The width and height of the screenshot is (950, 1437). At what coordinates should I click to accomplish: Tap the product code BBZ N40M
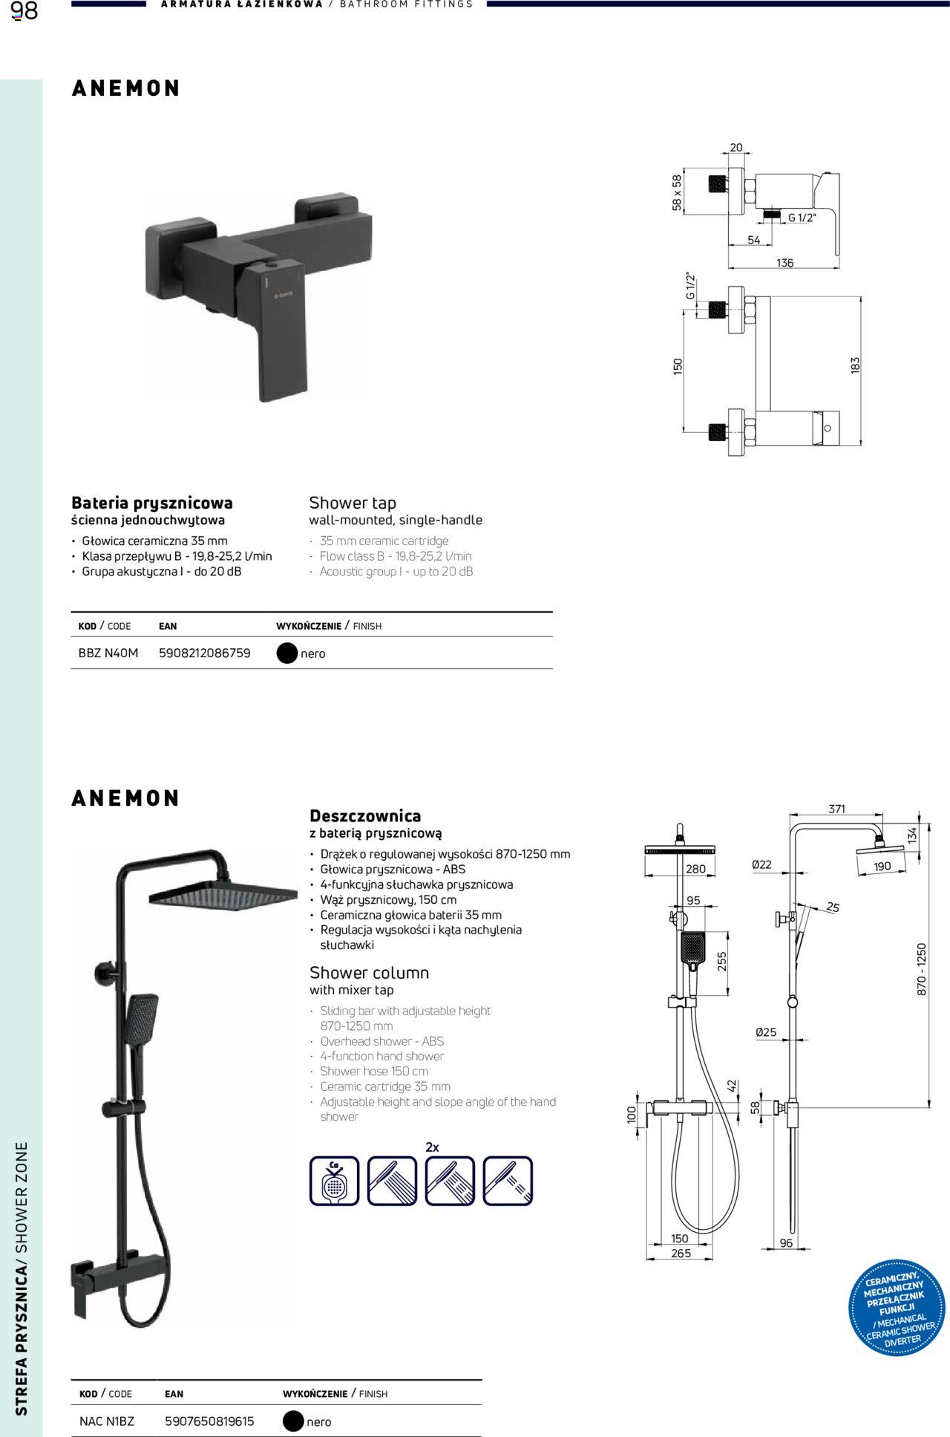click(x=108, y=654)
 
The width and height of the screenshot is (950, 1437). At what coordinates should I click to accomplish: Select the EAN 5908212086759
click(x=205, y=654)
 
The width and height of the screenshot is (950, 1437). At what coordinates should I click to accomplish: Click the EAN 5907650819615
click(x=209, y=1421)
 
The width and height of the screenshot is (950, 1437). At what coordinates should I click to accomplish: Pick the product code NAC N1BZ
click(x=107, y=1421)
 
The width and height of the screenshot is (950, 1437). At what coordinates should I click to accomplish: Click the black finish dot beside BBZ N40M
click(x=286, y=654)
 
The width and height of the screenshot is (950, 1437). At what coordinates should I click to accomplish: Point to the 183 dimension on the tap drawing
click(x=855, y=365)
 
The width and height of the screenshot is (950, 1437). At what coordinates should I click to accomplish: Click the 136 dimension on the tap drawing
click(x=784, y=263)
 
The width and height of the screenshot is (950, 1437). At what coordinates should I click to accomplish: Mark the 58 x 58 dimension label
click(x=677, y=193)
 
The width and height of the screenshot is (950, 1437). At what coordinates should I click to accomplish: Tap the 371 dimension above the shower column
click(x=836, y=809)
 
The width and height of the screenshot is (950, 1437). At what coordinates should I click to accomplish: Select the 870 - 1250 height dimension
click(x=922, y=969)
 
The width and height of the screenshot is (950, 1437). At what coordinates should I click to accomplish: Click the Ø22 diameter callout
click(x=761, y=864)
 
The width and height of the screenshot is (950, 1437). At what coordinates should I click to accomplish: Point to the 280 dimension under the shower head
click(x=695, y=869)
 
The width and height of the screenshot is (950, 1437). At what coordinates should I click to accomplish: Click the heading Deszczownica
click(x=365, y=816)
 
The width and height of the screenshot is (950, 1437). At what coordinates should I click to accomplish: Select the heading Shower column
click(x=369, y=972)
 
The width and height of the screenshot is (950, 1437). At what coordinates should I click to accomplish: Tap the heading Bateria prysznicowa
click(x=152, y=503)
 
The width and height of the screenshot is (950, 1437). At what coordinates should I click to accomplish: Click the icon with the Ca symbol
click(x=334, y=1180)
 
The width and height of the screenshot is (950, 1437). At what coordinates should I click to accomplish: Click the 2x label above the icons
click(x=432, y=1147)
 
